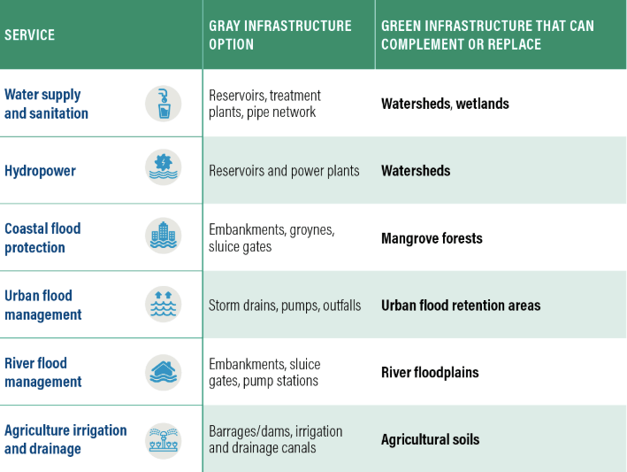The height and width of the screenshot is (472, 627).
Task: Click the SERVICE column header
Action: click(29, 35)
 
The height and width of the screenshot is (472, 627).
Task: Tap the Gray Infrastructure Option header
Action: click(280, 35)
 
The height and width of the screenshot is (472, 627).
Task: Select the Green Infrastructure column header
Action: click(487, 35)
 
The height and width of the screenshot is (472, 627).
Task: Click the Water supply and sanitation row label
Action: click(46, 104)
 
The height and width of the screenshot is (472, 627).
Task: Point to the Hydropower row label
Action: click(40, 171)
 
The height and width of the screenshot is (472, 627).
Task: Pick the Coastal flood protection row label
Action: click(42, 238)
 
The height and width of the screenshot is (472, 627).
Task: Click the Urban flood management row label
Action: click(43, 305)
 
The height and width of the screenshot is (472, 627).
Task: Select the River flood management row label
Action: click(43, 372)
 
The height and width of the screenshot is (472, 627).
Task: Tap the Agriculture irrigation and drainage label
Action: click(65, 439)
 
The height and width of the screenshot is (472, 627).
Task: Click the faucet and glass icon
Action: click(163, 104)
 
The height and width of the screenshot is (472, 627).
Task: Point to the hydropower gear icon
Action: click(163, 167)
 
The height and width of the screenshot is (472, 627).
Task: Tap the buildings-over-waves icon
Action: click(163, 236)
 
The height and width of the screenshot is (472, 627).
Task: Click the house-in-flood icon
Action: click(163, 373)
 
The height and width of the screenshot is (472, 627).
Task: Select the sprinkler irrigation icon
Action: click(163, 441)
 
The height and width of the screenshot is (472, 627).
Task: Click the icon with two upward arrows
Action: click(163, 305)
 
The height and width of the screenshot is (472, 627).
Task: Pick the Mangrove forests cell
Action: click(432, 238)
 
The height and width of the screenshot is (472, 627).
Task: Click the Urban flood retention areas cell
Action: click(461, 306)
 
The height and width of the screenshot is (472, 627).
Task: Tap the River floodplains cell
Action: click(430, 372)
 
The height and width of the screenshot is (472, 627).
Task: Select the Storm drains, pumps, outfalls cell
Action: click(285, 306)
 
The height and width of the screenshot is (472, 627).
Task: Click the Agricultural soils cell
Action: click(431, 439)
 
